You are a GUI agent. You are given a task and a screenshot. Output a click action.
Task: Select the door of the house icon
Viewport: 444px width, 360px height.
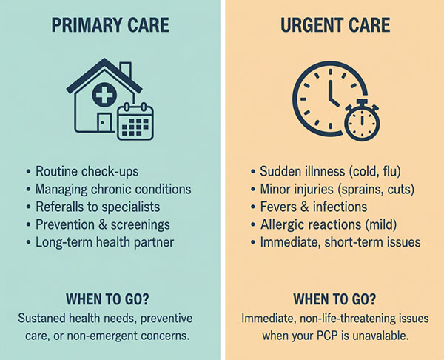tap(104, 122)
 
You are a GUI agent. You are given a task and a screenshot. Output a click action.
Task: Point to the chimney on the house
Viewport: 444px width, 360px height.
tap(126, 70)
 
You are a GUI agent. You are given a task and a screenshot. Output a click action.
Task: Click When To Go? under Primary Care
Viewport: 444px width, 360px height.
tap(110, 299)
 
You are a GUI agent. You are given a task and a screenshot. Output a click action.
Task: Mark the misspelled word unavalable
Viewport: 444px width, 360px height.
tap(379, 334)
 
